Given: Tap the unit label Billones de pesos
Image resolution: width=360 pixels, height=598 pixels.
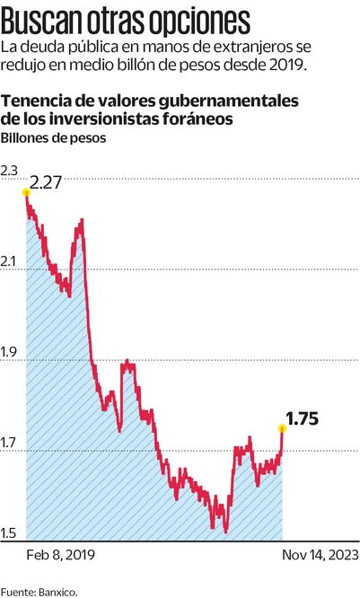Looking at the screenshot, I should tap(53, 138).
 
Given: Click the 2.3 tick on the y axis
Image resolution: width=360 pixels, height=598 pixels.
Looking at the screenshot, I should tap(10, 171).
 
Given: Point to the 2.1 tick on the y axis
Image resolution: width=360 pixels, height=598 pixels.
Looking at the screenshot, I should tap(10, 261).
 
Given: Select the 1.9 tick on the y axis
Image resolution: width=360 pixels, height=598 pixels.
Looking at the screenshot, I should tap(10, 353).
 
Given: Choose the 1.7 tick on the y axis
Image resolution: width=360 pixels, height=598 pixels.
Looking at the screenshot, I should tap(10, 444).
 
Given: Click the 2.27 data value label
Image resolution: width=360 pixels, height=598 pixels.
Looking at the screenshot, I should tap(46, 184).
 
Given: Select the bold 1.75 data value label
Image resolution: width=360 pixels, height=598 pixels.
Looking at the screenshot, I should tap(302, 418).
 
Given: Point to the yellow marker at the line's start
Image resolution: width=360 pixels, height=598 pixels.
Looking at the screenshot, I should tap(26, 191).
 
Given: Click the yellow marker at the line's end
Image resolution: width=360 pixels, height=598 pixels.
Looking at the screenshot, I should tap(283, 428).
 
